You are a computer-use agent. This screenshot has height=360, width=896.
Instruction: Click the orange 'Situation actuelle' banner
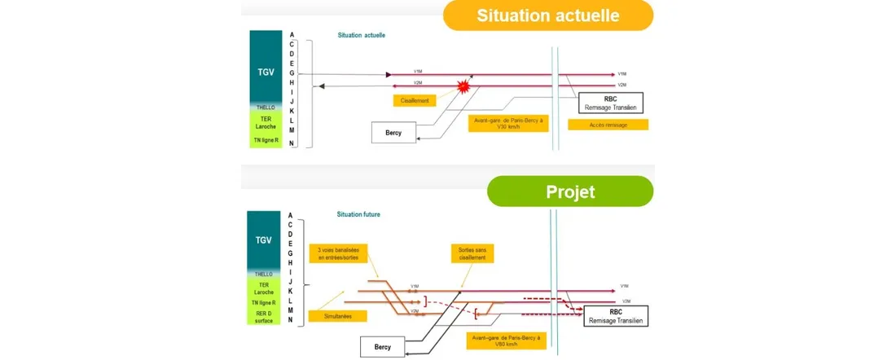(x=547, y=15)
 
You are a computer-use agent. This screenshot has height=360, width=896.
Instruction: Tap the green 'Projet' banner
(x=569, y=191)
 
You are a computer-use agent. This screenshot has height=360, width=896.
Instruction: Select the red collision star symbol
(x=463, y=86)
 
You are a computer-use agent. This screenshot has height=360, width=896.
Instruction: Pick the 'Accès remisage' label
(x=608, y=125)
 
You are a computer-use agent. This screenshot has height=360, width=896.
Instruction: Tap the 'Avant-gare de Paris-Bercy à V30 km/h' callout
(x=508, y=123)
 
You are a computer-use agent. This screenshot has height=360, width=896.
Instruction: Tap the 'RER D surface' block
(x=264, y=316)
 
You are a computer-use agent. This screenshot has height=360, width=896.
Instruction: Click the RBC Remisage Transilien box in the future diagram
(x=615, y=316)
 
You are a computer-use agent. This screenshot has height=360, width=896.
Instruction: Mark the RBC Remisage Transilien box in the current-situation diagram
(x=611, y=102)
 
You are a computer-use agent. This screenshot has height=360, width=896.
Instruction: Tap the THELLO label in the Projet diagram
(x=264, y=274)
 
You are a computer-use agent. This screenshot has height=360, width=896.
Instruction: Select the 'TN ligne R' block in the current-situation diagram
(x=264, y=141)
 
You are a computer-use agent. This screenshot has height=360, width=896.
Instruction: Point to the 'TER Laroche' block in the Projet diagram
(x=264, y=288)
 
